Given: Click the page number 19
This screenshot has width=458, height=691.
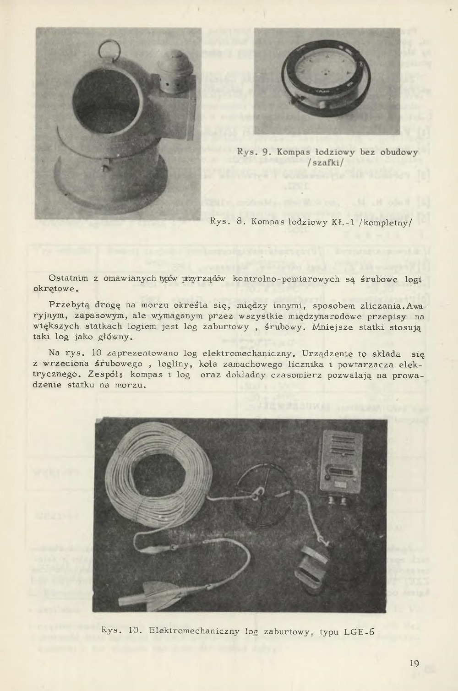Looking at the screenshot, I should pos(414,664).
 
